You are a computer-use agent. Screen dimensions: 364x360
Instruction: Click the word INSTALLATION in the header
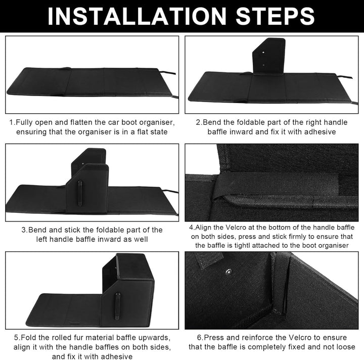click(x=136, y=16)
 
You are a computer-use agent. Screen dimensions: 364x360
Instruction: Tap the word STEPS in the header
click(x=275, y=16)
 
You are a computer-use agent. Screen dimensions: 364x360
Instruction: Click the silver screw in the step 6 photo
click(x=229, y=271)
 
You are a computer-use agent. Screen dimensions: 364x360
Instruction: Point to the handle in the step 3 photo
click(x=80, y=193)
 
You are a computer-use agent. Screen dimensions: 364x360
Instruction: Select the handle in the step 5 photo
click(x=118, y=306)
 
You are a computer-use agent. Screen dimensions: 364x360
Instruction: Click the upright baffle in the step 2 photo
click(x=268, y=57)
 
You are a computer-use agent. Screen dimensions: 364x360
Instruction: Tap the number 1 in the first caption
click(x=11, y=122)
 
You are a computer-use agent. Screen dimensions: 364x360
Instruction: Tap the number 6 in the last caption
click(x=199, y=337)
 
